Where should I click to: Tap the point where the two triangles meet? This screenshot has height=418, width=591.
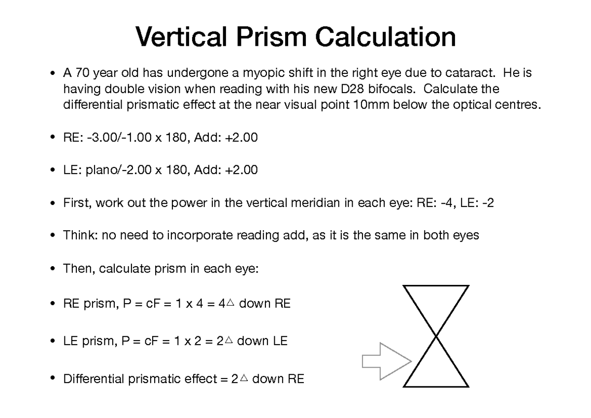436,336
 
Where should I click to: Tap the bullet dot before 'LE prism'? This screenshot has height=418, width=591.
52,341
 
